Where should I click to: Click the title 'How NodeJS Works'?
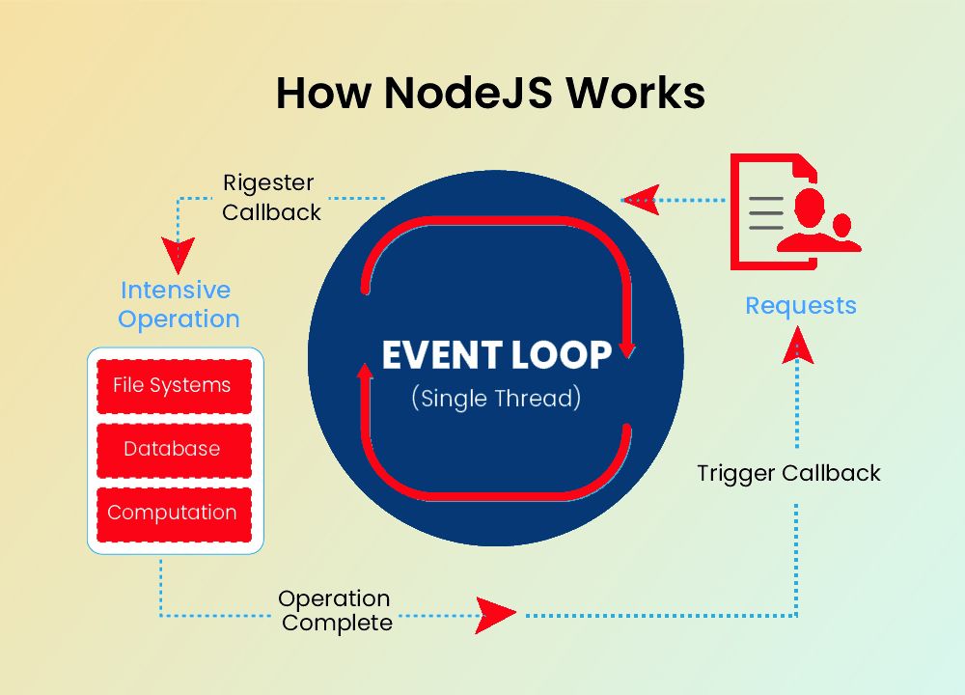point(490,94)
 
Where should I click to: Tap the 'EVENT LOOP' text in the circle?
point(497,355)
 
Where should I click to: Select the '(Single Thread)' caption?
point(496,398)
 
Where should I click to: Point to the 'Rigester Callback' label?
point(270,198)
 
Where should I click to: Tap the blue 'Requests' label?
point(801,306)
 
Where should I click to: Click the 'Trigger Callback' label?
point(788,474)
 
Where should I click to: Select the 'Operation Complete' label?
point(336,611)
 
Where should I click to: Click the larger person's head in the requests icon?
point(810,204)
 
